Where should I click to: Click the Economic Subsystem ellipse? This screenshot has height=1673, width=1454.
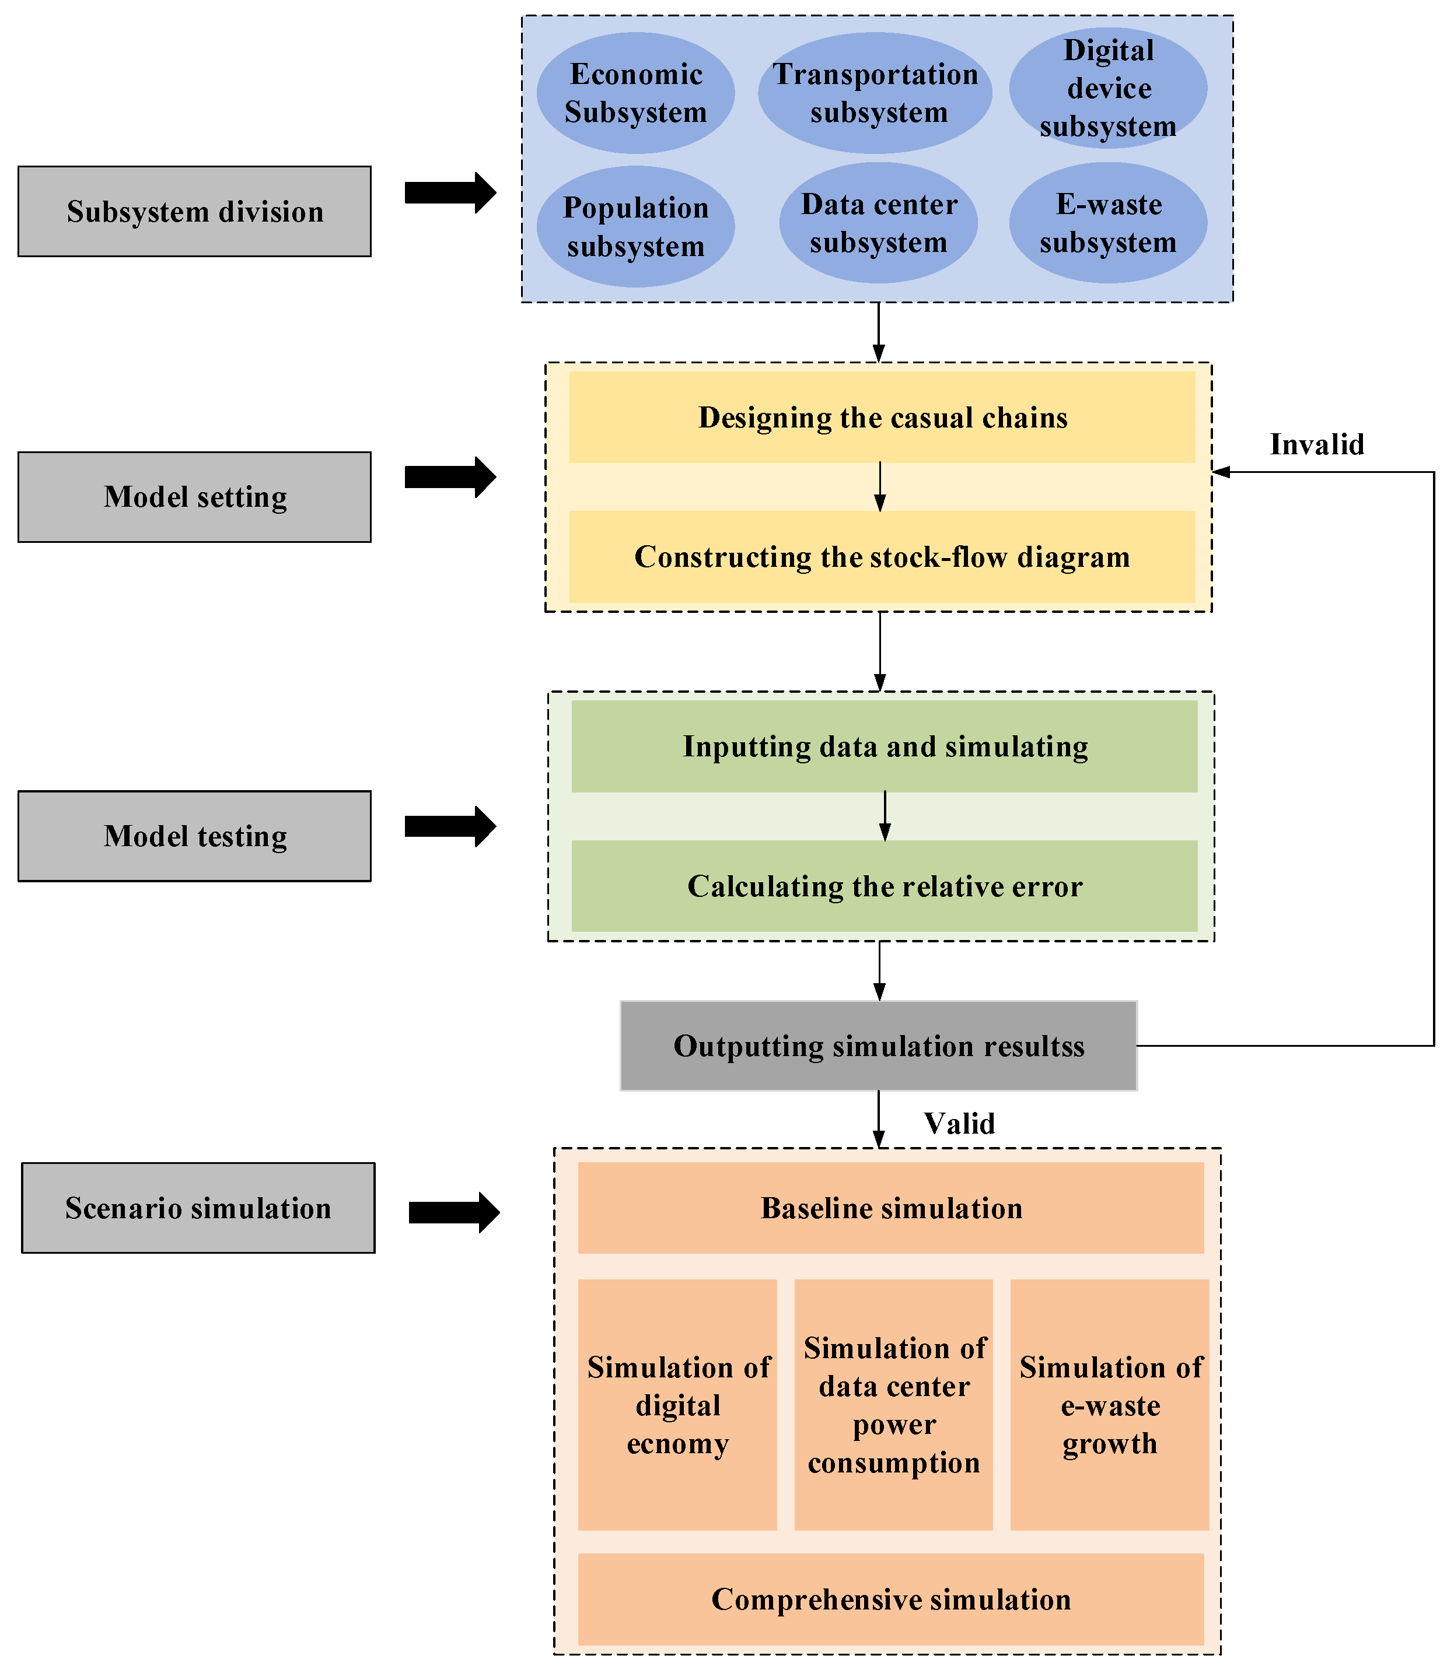(x=635, y=93)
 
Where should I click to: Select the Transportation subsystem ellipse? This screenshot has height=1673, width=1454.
(x=875, y=93)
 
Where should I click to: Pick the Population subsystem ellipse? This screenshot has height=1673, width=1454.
(x=635, y=227)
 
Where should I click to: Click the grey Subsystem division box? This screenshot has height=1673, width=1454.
(x=195, y=212)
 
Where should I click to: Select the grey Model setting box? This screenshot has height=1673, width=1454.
(x=195, y=497)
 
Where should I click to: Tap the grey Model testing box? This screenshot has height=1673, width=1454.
(x=195, y=836)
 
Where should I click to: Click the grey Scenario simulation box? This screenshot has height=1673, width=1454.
(x=198, y=1208)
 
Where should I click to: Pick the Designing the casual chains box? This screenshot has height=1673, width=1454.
(x=882, y=418)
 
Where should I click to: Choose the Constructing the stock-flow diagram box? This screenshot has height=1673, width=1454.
(x=882, y=557)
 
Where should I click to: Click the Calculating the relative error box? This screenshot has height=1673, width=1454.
(x=885, y=886)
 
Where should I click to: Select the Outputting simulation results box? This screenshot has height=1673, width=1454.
(x=878, y=1046)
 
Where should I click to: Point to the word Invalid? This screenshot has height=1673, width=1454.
(x=1316, y=444)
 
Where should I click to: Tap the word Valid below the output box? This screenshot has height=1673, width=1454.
(x=959, y=1123)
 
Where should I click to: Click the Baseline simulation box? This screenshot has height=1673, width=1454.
(x=890, y=1208)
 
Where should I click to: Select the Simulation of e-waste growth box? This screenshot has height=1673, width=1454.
(x=1109, y=1405)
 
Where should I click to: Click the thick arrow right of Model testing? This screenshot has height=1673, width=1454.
(x=450, y=826)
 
